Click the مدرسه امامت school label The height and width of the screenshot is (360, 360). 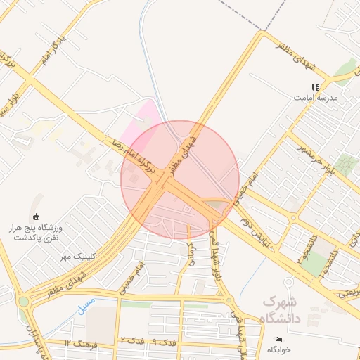click(320, 98)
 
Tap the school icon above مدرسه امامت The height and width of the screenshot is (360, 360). click(315, 87)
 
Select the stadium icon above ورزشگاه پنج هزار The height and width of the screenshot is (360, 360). click(37, 217)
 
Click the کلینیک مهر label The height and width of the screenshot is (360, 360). click(77, 255)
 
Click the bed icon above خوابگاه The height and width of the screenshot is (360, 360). click(279, 340)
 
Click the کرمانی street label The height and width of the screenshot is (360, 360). click(191, 252)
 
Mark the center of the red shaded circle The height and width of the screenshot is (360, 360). click(180, 180)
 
